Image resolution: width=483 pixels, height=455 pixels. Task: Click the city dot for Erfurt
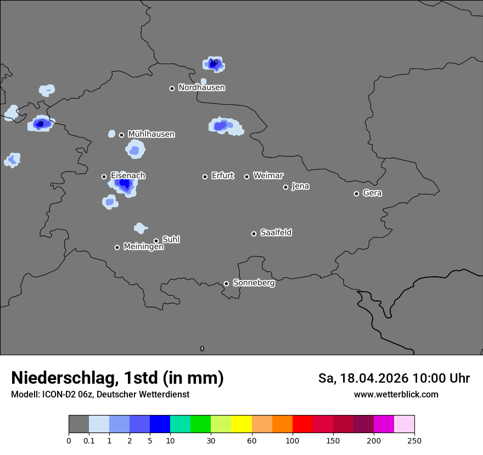pyautogui.click(x=205, y=177)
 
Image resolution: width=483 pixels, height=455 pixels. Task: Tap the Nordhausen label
pyautogui.click(x=201, y=88)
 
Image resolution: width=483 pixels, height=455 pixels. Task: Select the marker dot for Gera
pyautogui.click(x=356, y=194)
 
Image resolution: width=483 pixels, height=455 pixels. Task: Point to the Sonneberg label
pyautogui.click(x=254, y=283)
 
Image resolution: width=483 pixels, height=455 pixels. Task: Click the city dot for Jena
pyautogui.click(x=285, y=187)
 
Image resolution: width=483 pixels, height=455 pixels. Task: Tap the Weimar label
pyautogui.click(x=268, y=176)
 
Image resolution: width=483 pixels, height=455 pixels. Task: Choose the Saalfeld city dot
pyautogui.click(x=254, y=234)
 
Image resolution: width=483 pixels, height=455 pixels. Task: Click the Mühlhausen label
pyautogui.click(x=151, y=134)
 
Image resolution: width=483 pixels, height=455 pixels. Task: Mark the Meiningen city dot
pyautogui.click(x=117, y=247)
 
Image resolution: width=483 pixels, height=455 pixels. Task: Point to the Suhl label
pyautogui.click(x=171, y=240)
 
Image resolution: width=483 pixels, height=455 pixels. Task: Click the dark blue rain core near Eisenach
pyautogui.click(x=125, y=184)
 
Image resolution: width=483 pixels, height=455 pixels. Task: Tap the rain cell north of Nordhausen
pyautogui.click(x=214, y=64)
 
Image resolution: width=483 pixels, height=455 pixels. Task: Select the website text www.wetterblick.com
pyautogui.click(x=396, y=394)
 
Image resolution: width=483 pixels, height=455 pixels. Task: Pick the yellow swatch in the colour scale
pyautogui.click(x=241, y=424)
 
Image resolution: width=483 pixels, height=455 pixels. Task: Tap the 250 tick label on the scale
pyautogui.click(x=414, y=440)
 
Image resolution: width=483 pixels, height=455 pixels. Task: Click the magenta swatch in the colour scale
pyautogui.click(x=384, y=424)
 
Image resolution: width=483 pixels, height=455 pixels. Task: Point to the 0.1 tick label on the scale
pyautogui.click(x=89, y=440)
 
